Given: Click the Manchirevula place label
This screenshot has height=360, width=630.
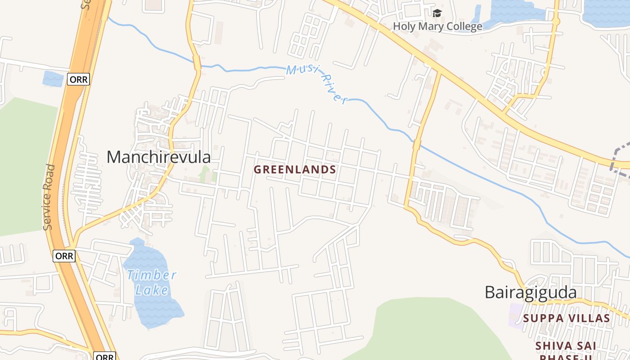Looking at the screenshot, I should click(x=158, y=157).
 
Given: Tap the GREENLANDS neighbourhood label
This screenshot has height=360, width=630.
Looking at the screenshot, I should click(x=295, y=170).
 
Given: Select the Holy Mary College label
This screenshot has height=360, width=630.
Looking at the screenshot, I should click(x=437, y=27).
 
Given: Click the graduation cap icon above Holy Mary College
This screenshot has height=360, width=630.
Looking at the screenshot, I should click(x=437, y=13).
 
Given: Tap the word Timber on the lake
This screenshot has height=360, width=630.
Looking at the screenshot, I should click(x=151, y=275).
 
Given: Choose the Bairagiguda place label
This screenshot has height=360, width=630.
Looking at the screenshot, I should click(x=531, y=292).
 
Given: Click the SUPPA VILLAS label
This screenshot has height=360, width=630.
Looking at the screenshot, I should click(x=566, y=319).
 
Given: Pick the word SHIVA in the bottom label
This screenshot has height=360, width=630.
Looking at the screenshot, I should click(x=553, y=346).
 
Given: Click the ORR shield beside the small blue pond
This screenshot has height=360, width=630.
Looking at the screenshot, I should click(x=79, y=80).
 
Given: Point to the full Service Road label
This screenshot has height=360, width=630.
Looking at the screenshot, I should click(x=50, y=197).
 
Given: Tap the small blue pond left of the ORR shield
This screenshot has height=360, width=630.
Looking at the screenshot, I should click(x=53, y=79).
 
